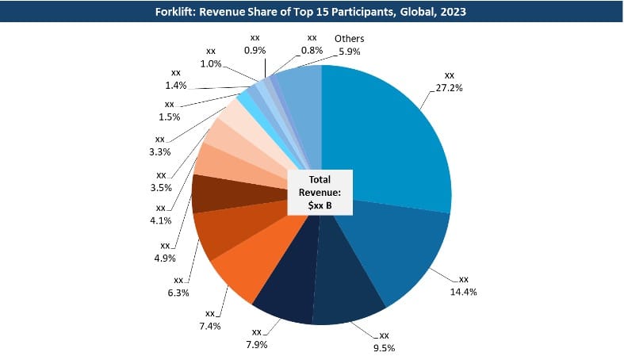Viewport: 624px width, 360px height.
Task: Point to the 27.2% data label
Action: (x=449, y=88)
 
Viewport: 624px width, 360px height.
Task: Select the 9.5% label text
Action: (x=383, y=347)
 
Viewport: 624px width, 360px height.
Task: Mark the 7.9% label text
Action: (x=256, y=344)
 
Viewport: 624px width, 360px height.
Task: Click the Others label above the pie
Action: (x=349, y=38)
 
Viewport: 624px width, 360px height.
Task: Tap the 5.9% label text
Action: (x=349, y=52)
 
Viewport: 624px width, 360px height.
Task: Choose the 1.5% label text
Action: (x=169, y=117)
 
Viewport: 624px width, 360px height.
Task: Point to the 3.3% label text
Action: (x=159, y=151)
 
